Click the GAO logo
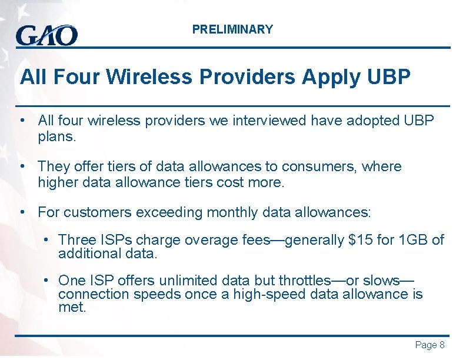point(46,35)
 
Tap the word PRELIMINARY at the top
point(232,29)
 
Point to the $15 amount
point(360,240)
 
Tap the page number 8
point(442,345)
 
